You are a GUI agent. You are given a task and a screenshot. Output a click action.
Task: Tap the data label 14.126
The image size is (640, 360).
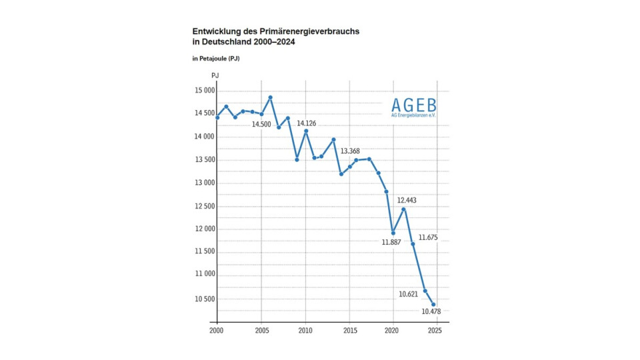306,123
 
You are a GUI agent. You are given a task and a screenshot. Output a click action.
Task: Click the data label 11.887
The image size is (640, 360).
391,243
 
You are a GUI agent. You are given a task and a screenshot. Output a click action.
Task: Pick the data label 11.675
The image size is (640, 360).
428,237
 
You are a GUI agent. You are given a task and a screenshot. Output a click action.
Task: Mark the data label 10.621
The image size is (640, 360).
408,294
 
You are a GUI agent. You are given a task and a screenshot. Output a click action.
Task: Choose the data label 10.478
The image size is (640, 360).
431,311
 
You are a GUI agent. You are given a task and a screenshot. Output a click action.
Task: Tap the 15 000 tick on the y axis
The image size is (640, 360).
205,91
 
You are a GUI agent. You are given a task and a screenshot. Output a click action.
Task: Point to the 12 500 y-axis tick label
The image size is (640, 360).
205,206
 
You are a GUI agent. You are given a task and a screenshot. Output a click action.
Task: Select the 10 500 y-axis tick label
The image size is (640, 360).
205,299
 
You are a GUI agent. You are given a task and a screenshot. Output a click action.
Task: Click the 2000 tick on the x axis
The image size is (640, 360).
217,331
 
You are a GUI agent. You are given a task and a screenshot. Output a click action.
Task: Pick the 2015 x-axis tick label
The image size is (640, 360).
349,331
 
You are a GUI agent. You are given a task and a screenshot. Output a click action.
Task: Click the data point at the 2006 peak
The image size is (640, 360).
270,97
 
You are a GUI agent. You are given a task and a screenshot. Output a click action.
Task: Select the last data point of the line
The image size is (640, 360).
433,305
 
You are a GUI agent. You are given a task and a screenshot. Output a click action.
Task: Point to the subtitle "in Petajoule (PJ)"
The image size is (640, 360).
216,59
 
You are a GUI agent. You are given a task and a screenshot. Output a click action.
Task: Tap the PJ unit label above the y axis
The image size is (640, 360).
215,76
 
